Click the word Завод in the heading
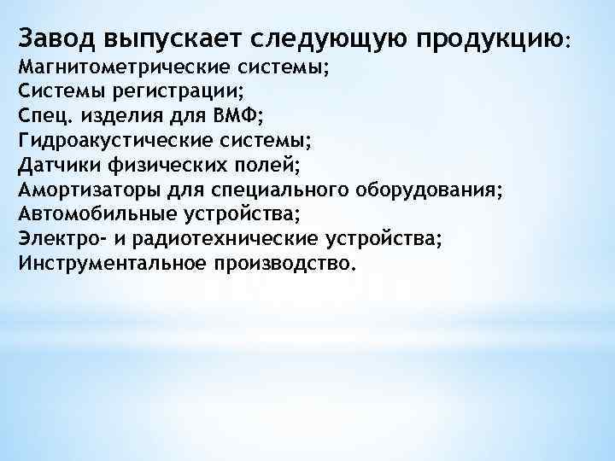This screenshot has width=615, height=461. click(x=56, y=38)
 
